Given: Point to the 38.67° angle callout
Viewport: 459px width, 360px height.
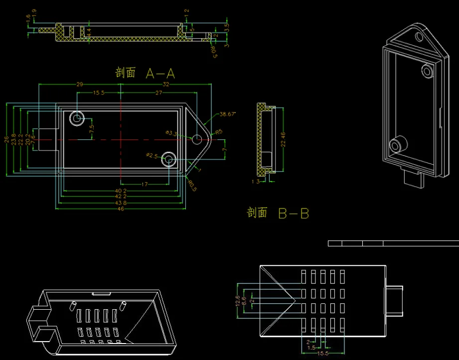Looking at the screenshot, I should tap(227, 114).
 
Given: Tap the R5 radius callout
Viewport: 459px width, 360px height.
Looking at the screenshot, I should tap(218, 132).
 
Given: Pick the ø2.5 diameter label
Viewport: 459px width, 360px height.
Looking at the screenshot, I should tap(152, 156).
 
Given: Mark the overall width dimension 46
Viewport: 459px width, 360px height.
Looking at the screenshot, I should tap(120, 208).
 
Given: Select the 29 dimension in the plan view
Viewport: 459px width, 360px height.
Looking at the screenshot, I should tap(79, 85).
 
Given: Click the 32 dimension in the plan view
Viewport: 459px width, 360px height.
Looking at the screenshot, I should tap(166, 85).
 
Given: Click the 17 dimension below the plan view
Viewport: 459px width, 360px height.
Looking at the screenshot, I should tap(145, 184).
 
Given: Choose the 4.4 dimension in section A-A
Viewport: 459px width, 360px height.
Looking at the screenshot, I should tap(89, 32).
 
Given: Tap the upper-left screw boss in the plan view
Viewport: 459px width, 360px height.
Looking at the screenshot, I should tap(77, 119).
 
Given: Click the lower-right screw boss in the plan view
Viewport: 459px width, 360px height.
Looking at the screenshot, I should tap(169, 159).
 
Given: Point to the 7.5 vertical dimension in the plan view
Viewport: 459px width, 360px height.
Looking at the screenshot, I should tap(91, 129).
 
